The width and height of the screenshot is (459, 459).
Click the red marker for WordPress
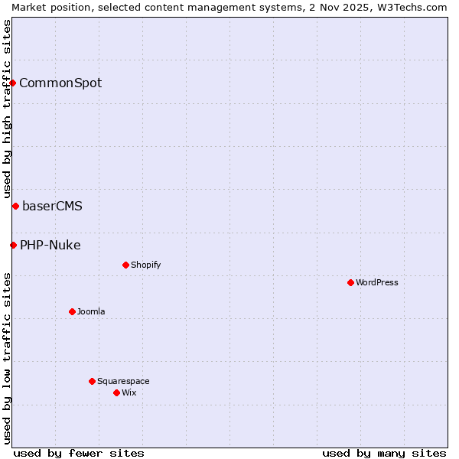click(x=350, y=282)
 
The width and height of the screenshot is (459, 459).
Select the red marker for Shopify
click(x=125, y=265)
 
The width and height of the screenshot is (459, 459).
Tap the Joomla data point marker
click(x=72, y=311)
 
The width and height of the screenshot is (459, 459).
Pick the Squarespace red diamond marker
click(x=92, y=381)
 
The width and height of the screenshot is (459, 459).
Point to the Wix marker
click(x=116, y=392)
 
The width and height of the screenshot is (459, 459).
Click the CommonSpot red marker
click(x=13, y=83)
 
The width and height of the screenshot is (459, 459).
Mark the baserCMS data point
click(x=15, y=206)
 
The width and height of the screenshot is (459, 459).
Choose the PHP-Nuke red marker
click(x=13, y=245)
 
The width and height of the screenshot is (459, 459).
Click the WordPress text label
click(x=377, y=282)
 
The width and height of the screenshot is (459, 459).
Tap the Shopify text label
click(x=145, y=265)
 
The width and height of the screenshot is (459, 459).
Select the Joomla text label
click(x=91, y=311)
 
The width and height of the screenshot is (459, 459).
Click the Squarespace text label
click(x=123, y=381)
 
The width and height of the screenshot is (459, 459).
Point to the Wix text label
click(x=129, y=392)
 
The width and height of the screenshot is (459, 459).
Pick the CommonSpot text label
click(x=60, y=83)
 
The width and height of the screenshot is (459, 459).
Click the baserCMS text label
click(x=52, y=206)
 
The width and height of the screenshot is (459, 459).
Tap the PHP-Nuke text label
click(x=50, y=245)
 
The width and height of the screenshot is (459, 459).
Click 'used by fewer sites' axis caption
click(x=79, y=453)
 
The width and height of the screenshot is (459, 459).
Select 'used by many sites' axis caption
click(x=384, y=453)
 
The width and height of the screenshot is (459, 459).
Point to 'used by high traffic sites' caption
click(x=7, y=109)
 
